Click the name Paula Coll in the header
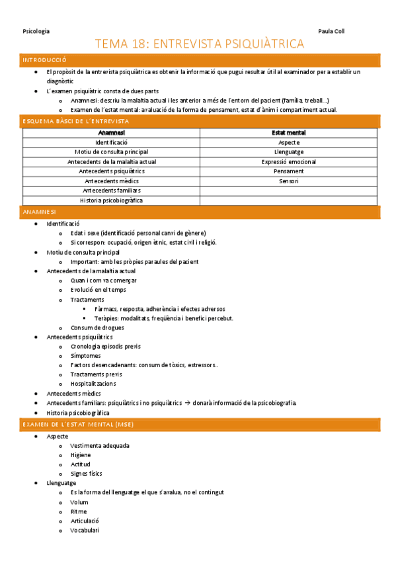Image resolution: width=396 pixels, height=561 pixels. point(331,31)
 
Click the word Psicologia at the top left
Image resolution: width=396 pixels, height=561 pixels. point(36,31)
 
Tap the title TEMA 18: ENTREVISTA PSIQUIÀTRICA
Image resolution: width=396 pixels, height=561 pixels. point(200,44)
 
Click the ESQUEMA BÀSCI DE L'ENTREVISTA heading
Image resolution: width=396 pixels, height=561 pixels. point(75,122)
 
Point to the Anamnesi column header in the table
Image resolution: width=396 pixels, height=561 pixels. point(111,133)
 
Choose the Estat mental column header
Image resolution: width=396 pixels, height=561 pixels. point(288,133)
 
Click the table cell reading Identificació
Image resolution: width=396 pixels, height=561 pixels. point(111,142)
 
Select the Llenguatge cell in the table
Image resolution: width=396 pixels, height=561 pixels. point(288,152)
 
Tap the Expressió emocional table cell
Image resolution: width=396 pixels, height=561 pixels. point(288,161)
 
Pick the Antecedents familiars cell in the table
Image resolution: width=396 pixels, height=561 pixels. point(111,191)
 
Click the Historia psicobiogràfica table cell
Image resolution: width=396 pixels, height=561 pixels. point(111,200)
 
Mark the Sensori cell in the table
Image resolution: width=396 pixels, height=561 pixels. point(288,181)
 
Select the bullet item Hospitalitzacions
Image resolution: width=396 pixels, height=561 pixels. point(93,383)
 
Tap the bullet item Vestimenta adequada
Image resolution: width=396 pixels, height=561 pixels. point(100,446)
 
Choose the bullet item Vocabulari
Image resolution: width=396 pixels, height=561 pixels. point(85,530)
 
